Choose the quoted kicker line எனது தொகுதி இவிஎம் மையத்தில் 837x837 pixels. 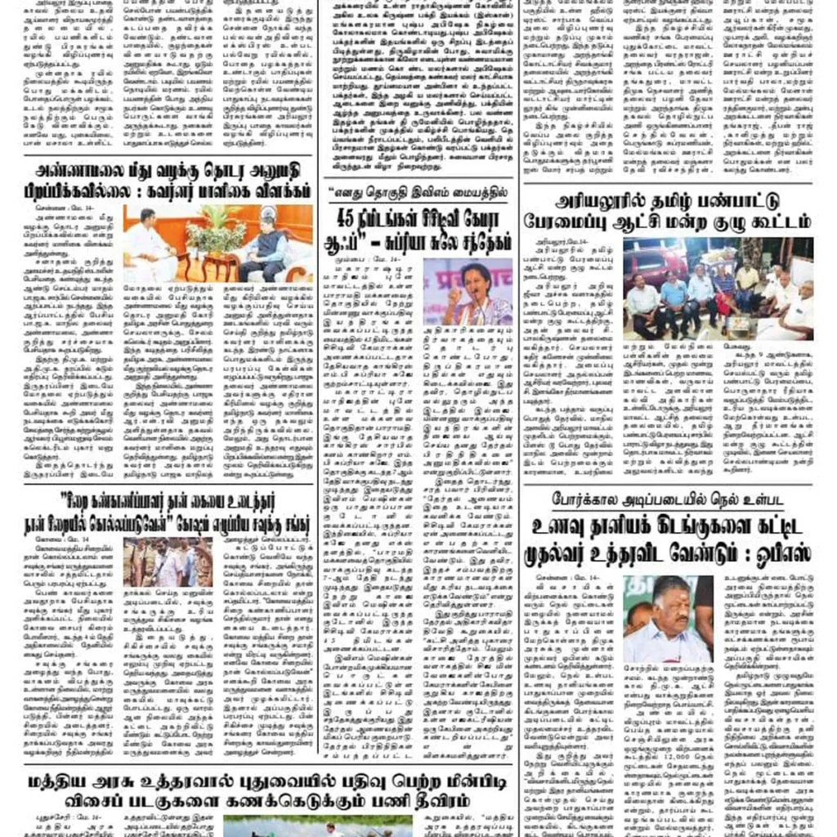(418, 194)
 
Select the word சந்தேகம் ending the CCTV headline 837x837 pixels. (481, 241)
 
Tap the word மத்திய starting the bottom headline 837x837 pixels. (70, 780)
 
